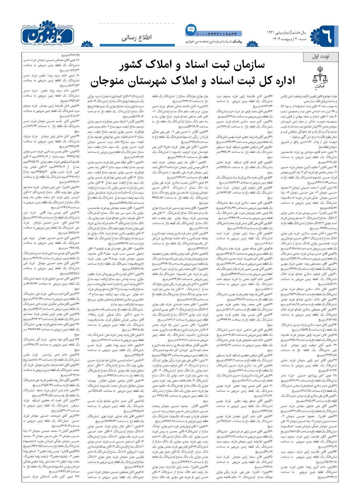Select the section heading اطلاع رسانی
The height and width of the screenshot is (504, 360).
click(136, 38)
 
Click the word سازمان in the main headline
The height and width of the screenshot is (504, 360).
click(247, 65)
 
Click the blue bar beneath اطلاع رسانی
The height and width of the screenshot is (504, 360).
click(137, 45)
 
